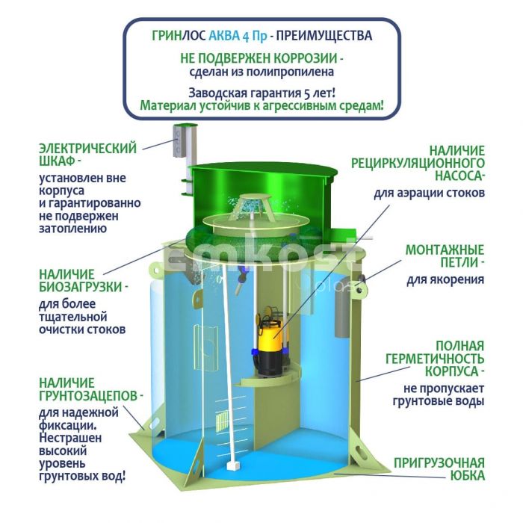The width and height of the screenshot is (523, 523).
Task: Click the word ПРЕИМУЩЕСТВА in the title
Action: coord(324,35)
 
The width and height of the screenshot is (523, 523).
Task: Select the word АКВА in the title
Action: coord(224,35)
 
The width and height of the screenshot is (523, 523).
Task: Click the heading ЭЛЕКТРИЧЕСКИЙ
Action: coord(88,149)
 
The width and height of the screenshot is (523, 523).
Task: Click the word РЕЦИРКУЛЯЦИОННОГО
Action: coord(418,163)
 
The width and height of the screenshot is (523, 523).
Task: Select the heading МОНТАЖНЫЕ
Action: coord(445,250)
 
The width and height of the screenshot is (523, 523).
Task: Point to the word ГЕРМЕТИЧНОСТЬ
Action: coord(435,359)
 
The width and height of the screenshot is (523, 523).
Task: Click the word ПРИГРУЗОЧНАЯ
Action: coord(439,463)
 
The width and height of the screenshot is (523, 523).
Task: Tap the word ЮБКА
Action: coord(467,476)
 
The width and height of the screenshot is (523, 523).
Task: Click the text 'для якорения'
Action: coord(445,279)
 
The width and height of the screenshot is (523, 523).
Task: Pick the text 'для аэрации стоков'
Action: coord(429,193)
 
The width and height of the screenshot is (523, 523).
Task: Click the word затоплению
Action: coord(73,229)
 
